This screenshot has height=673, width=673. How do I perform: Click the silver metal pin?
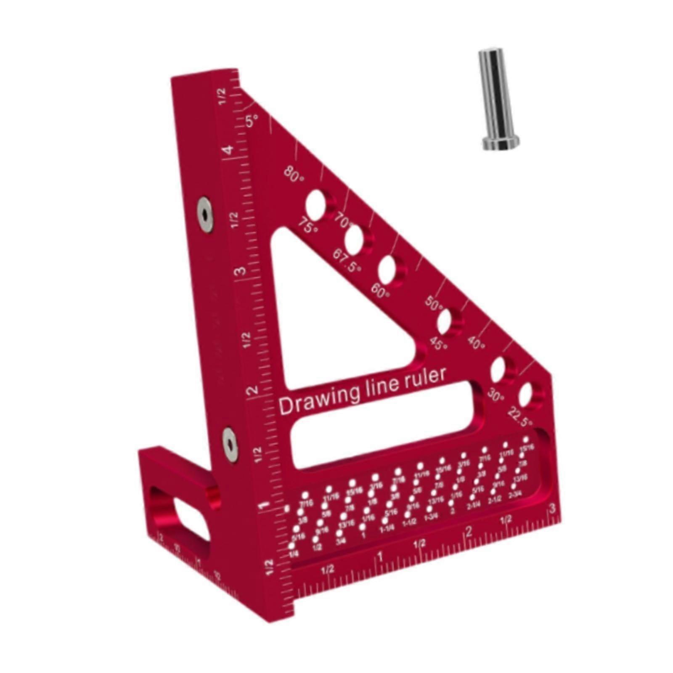click(498, 99)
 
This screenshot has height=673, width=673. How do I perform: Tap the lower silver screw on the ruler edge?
click(230, 445)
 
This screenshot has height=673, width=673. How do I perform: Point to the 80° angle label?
click(294, 174)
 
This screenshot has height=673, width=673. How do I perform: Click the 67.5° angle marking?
click(347, 261)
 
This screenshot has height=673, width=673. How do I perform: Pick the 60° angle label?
click(380, 291)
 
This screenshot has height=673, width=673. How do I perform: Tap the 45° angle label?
click(439, 344)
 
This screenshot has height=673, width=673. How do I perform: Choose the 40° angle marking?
click(477, 344)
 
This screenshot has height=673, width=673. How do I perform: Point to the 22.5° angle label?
click(520, 416)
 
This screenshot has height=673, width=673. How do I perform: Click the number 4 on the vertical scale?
click(228, 150)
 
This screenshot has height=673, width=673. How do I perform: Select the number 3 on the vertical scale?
click(240, 270)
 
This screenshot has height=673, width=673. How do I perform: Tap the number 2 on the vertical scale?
click(252, 390)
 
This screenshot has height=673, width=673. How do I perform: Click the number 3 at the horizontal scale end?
click(552, 508)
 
